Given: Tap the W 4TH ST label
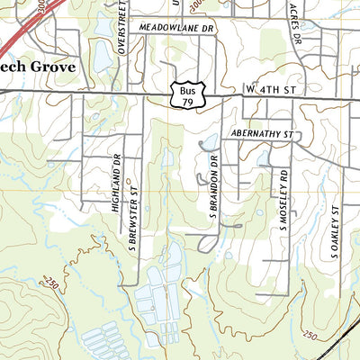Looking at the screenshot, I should pos(270,91).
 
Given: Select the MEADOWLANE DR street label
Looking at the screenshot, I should pos(180,28).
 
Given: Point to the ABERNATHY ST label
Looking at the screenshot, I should pos(263,134).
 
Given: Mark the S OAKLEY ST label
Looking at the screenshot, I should pos(334,231).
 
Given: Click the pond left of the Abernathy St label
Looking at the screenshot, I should pos(210,142).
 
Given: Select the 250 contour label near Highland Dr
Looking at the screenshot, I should pos(52,284).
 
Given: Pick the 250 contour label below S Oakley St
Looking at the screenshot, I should pos(310,335).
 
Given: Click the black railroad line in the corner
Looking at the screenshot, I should pos(342,340).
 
